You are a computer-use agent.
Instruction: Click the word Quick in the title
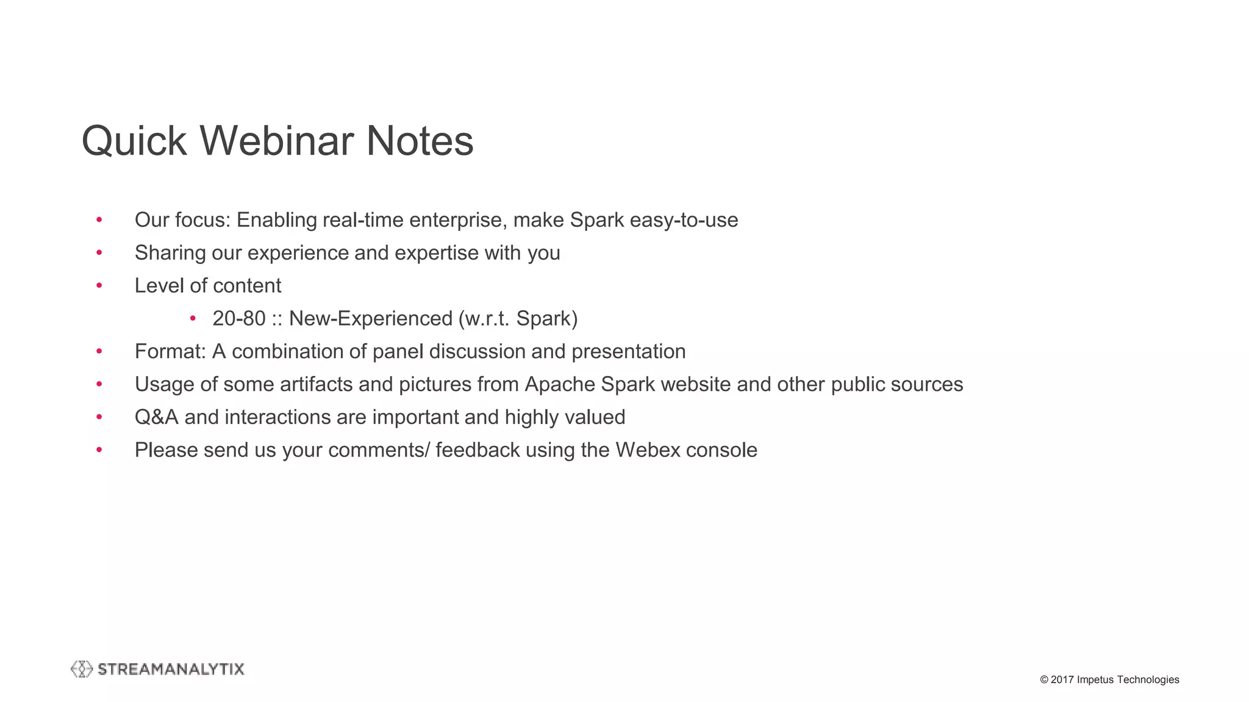click(x=134, y=141)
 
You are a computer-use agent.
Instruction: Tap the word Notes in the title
click(x=420, y=141)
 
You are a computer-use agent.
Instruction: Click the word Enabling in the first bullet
click(x=277, y=220)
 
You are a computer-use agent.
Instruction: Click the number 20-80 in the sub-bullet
click(x=239, y=319)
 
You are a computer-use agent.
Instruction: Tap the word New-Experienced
click(x=371, y=319)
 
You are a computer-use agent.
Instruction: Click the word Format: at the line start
click(x=170, y=352)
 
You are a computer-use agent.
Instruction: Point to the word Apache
click(x=560, y=385)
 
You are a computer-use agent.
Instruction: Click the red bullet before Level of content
click(x=99, y=286)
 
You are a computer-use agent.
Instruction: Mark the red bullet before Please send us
click(x=99, y=450)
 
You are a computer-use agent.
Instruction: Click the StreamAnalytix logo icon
click(x=82, y=669)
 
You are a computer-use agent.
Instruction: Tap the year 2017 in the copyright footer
click(x=1062, y=679)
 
